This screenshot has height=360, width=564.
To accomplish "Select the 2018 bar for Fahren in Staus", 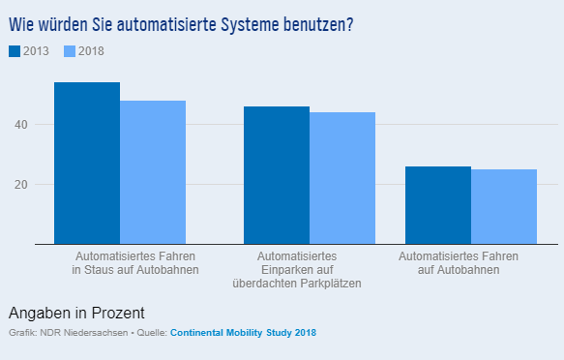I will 153,172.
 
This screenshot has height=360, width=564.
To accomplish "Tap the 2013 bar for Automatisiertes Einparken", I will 277,175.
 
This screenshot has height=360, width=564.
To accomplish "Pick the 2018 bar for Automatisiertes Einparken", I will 342,178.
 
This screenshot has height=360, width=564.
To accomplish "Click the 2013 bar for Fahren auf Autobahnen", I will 438,205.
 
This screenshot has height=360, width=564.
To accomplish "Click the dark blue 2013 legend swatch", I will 15,50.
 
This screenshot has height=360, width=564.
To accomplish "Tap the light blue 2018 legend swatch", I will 70,50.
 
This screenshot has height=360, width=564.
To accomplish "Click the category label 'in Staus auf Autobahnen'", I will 134,270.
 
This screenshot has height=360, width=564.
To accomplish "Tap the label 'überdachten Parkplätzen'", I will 297,284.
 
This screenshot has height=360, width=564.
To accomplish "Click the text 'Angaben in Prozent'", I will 76,313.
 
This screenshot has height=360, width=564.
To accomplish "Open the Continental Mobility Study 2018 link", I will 243,333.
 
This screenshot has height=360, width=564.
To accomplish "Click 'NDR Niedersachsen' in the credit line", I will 81,333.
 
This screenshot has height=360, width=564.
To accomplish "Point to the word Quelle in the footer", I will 149,333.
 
